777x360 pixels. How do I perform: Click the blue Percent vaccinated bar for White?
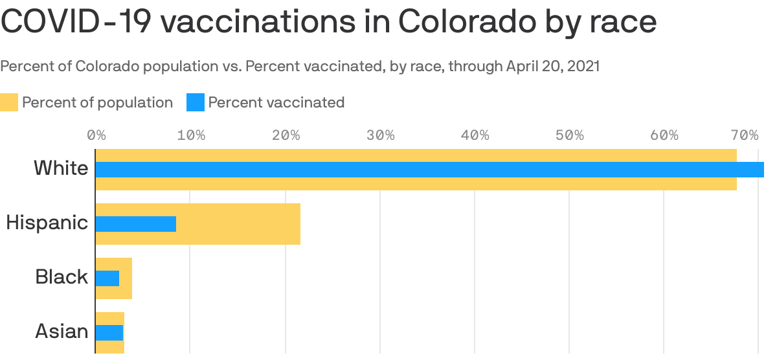(x=427, y=170)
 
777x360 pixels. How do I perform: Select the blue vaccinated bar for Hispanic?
(x=136, y=224)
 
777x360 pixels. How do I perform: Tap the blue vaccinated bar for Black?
(x=107, y=278)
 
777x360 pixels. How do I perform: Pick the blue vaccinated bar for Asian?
(x=109, y=333)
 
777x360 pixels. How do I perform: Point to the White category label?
(x=61, y=168)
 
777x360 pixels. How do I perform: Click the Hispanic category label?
(x=47, y=223)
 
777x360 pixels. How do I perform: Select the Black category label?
(x=62, y=277)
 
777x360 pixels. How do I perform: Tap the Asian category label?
(x=62, y=332)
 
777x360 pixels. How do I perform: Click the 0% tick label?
(x=96, y=135)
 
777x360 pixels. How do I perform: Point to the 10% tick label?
(x=191, y=135)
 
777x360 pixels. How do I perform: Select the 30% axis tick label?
(x=380, y=135)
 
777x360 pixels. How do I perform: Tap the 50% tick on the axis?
(x=570, y=135)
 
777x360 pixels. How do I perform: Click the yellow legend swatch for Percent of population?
(x=9, y=102)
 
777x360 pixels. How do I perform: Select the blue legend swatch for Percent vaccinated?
(x=196, y=102)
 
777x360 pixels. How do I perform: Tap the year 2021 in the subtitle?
(x=583, y=67)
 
